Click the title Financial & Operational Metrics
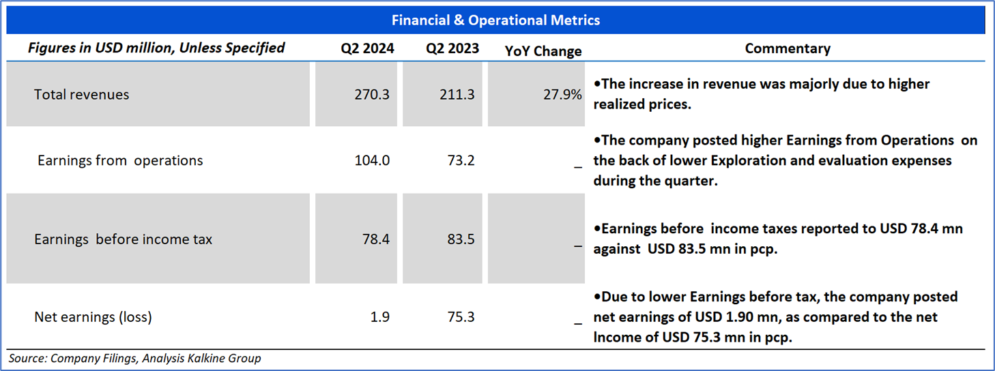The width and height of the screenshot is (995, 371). click(x=495, y=20)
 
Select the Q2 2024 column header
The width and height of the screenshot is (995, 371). click(x=368, y=48)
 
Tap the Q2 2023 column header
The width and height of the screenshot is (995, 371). click(x=452, y=48)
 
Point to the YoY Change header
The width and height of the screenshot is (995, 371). click(x=543, y=51)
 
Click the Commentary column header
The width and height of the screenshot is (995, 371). click(x=788, y=48)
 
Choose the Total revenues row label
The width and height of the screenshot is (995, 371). click(x=81, y=94)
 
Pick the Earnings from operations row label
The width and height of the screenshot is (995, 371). click(x=120, y=160)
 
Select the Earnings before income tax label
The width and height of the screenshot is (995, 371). click(x=123, y=239)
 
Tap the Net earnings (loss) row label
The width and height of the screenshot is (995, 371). click(x=93, y=316)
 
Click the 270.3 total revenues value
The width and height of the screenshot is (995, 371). click(x=372, y=94)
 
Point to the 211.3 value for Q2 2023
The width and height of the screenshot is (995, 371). click(x=457, y=94)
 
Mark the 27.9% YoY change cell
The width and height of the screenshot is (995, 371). click(x=562, y=94)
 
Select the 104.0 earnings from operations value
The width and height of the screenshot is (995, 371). click(x=372, y=160)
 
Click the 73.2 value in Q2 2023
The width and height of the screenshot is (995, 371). click(x=461, y=160)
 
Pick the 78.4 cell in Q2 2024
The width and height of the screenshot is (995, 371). click(x=375, y=239)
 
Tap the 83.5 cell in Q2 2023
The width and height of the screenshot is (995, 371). click(x=461, y=239)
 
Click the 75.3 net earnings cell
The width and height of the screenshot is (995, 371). click(x=461, y=316)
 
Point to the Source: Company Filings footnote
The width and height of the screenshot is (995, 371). click(x=134, y=358)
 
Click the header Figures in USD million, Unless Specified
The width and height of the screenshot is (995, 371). click(x=156, y=48)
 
